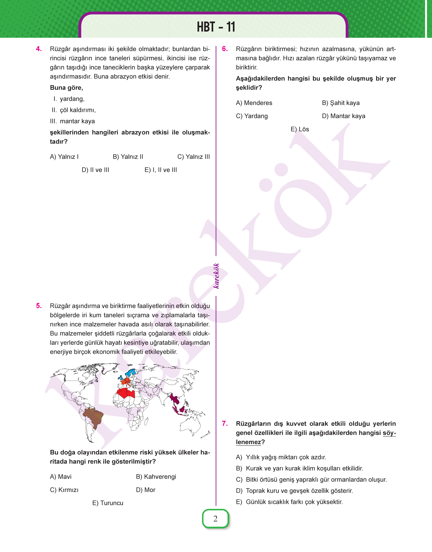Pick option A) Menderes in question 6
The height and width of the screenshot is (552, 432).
pos(254,103)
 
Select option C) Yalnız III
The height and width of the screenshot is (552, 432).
pos(193,157)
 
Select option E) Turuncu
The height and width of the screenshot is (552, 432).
pos(108,503)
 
